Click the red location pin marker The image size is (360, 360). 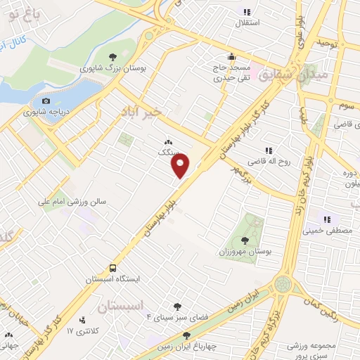click(181, 165)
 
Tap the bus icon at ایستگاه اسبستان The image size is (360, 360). click(112, 269)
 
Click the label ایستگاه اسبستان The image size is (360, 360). click(112, 279)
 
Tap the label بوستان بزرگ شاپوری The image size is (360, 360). click(110, 69)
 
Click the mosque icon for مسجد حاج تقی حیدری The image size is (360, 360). click(231, 58)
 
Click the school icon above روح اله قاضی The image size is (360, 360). click(268, 150)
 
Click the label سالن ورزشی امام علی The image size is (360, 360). click(72, 201)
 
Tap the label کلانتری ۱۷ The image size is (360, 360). click(79, 330)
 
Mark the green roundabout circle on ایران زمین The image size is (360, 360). click(283, 283)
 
